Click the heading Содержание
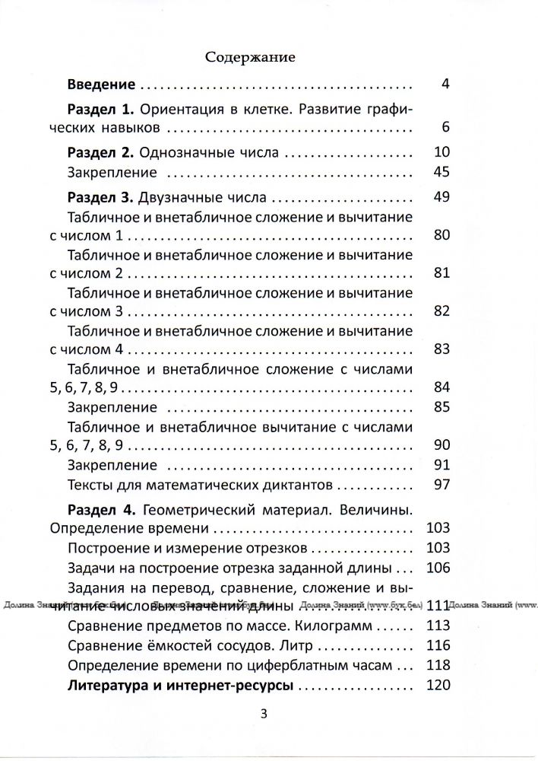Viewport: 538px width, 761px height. coord(250,56)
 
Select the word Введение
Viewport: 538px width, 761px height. coord(101,84)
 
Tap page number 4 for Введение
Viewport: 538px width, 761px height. coord(445,84)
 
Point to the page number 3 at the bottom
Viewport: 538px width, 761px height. coord(264,714)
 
